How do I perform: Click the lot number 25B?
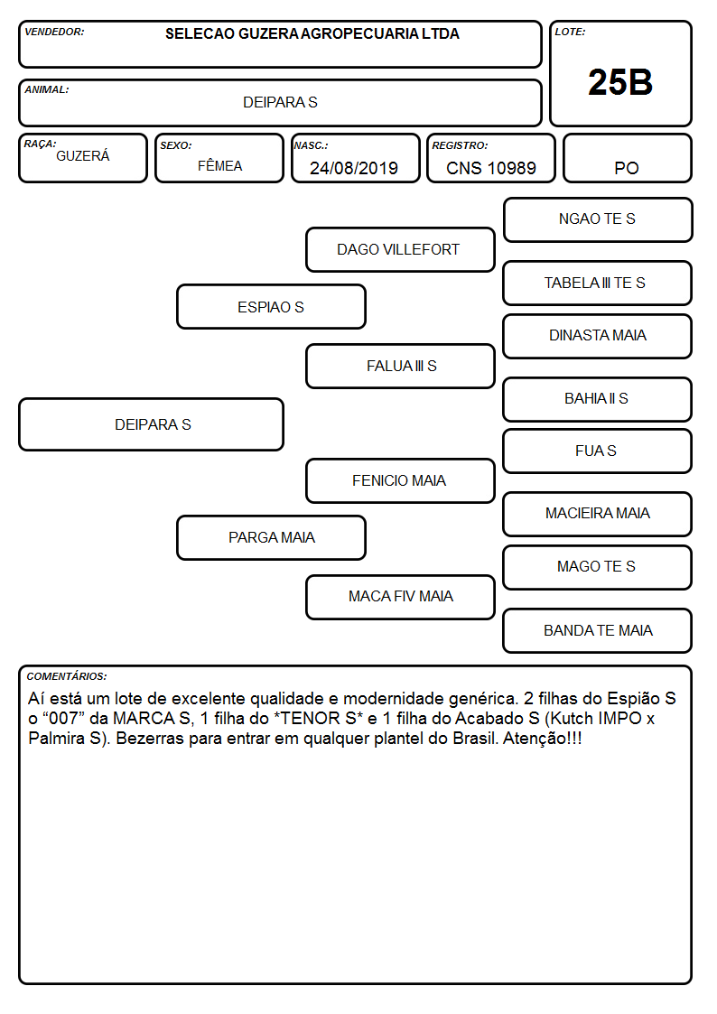click(620, 82)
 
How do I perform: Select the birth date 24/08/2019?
click(354, 168)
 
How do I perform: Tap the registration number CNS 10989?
click(490, 168)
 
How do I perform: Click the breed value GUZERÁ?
click(83, 156)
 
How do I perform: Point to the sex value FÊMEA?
click(219, 165)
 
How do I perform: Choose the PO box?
click(627, 158)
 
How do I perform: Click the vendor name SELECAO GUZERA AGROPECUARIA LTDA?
click(312, 33)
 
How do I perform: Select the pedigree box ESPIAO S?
click(271, 306)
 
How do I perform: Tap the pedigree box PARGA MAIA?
click(271, 537)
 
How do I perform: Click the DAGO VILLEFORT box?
click(400, 249)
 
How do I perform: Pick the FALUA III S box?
click(400, 366)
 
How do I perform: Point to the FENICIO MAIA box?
click(400, 480)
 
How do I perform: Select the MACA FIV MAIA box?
click(400, 597)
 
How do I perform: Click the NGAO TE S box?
click(598, 220)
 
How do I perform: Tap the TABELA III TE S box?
click(598, 283)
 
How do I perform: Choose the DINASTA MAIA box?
click(598, 336)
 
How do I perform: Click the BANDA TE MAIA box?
click(598, 630)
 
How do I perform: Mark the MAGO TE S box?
click(598, 567)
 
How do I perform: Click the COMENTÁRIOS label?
click(67, 676)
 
